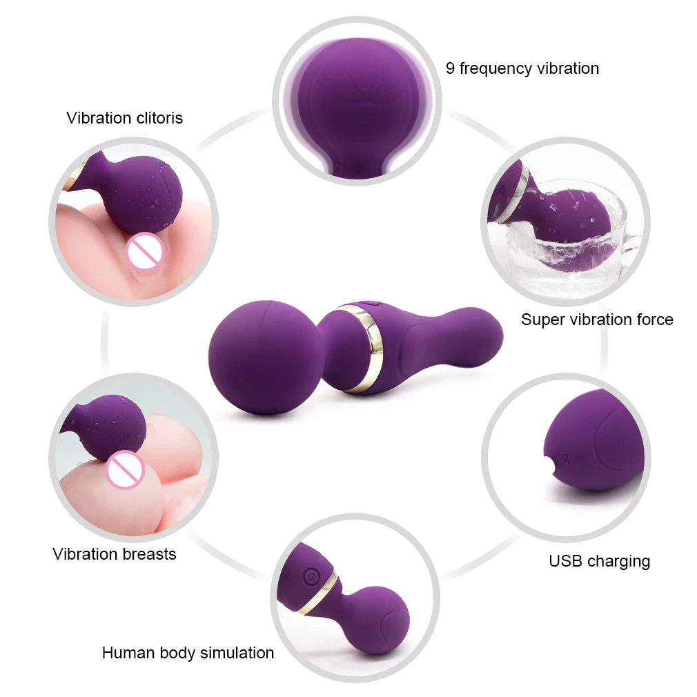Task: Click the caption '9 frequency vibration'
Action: [522, 68]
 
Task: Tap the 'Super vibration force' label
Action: [597, 320]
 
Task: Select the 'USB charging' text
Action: [599, 560]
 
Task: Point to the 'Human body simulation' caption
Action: [188, 652]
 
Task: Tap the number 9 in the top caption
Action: [450, 68]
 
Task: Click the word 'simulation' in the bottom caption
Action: [235, 652]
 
